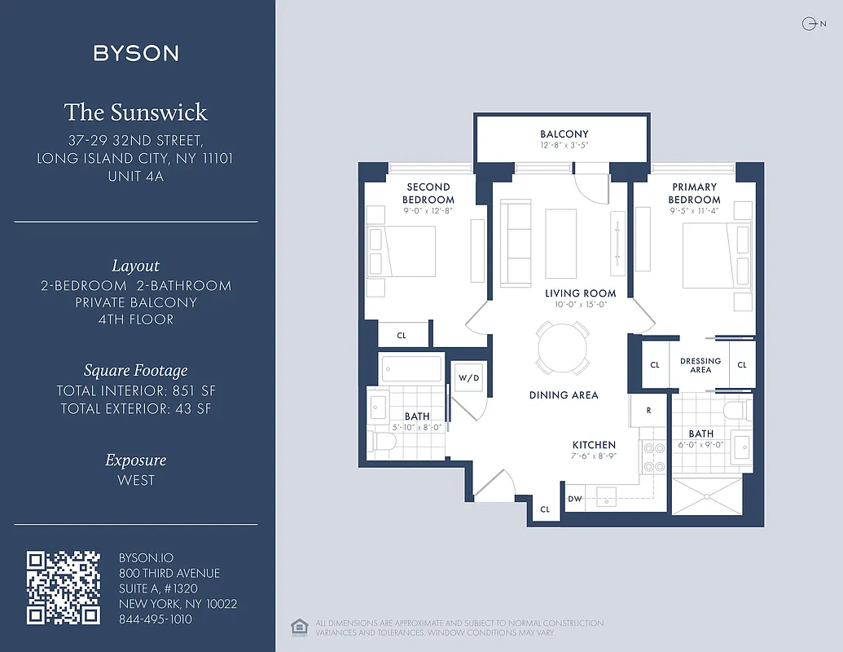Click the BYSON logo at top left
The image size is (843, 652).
point(136,54)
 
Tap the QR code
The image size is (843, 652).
point(63,588)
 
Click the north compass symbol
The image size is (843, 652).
point(809,24)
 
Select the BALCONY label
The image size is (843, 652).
point(564,134)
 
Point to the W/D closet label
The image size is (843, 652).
point(468,378)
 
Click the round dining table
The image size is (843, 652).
point(562,347)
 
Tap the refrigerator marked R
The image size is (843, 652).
point(648,411)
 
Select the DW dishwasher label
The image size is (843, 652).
point(575,499)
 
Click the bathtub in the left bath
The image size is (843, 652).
point(411,368)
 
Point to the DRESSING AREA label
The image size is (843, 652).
point(700,365)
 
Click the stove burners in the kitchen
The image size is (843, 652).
point(653,457)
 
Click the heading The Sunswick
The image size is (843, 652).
point(136,112)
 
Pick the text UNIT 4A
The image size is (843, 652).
point(136,175)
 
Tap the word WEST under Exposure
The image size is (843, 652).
point(136,480)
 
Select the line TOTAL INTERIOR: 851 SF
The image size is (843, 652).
point(136,391)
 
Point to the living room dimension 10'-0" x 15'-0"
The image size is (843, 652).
point(581,305)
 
